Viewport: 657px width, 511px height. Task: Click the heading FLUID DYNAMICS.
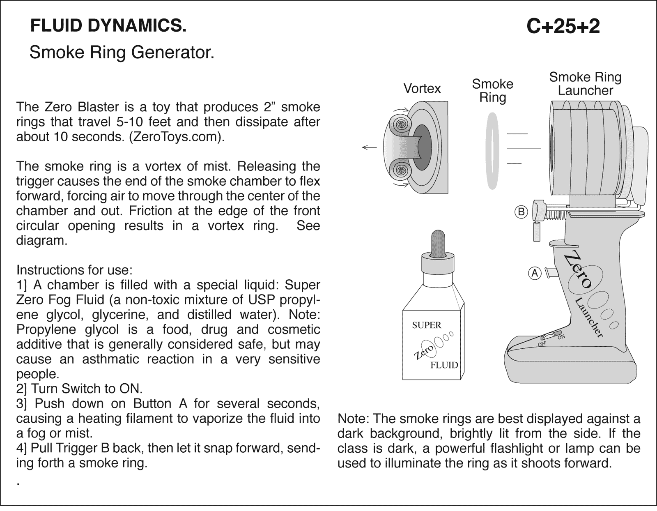[x=108, y=26]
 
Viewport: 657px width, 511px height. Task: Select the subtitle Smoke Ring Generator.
[x=122, y=53]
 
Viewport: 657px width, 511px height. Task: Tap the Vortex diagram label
[x=422, y=88]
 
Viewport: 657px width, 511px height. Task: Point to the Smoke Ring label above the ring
[x=492, y=91]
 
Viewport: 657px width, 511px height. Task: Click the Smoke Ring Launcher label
[x=585, y=84]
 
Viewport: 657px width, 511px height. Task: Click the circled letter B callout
[x=521, y=212]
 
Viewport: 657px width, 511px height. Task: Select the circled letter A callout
[x=534, y=273]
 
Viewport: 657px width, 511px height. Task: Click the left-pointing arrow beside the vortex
[x=369, y=147]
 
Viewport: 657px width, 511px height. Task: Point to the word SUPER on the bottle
[x=426, y=325]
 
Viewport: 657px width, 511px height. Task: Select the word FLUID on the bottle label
[x=444, y=365]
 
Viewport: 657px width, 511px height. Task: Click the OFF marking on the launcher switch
[x=542, y=343]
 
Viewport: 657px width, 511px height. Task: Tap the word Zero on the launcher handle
[x=578, y=271]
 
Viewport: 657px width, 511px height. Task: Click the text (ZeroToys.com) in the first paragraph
[x=177, y=137]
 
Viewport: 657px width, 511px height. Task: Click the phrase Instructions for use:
[x=74, y=270]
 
